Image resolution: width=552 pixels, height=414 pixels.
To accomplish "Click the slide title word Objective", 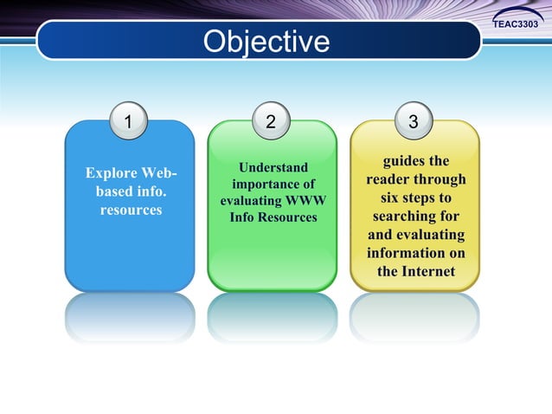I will click(x=266, y=42).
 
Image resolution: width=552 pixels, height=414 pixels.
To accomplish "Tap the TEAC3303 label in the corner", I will click(x=521, y=24).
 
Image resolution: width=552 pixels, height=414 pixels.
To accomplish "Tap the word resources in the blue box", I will click(x=131, y=210).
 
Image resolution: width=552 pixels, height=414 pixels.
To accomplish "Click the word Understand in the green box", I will click(x=273, y=166).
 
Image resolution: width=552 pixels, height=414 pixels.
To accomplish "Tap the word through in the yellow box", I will click(x=440, y=179).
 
